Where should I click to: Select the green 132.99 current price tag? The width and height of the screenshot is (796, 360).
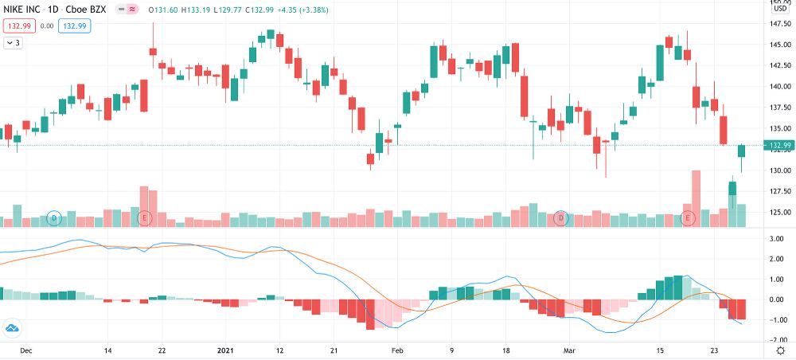click(x=778, y=145)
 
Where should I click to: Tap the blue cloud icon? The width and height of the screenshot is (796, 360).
click(x=13, y=328)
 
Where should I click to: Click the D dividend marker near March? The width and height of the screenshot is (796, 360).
click(x=561, y=217)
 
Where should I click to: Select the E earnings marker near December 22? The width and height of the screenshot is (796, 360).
click(x=144, y=217)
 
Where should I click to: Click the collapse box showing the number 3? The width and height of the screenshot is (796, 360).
click(x=14, y=43)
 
